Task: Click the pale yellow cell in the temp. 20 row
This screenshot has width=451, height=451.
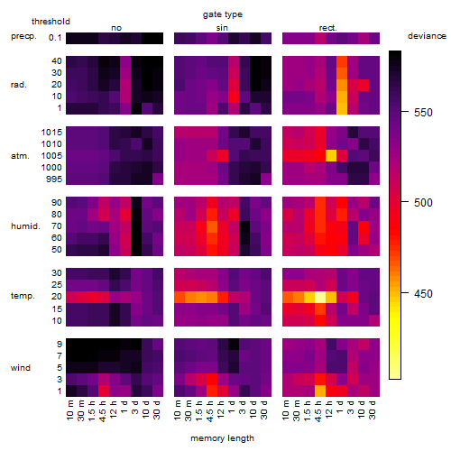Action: coord(320,297)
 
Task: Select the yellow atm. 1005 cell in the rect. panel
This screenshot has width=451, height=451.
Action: coord(331,155)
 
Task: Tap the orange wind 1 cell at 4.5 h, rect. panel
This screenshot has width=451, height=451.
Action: coord(320,391)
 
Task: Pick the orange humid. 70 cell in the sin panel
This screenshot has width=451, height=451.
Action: coord(212,226)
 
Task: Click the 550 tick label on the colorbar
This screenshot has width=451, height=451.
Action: coord(423,113)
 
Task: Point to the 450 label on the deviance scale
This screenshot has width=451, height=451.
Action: coord(423,294)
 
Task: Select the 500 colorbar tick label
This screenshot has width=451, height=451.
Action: coord(423,203)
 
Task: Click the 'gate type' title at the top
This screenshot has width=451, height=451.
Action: coord(223,14)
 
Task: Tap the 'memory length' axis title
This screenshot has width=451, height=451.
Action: coord(222,438)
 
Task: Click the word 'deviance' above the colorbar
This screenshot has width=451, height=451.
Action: coord(427,36)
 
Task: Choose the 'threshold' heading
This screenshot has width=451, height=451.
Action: coord(51,22)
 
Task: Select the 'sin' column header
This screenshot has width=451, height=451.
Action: coord(222,28)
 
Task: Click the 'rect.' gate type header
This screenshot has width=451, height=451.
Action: coord(327,28)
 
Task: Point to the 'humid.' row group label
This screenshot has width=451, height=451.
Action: coord(25,226)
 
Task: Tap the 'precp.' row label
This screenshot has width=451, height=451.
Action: coord(23,37)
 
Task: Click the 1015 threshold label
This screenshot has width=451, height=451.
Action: coord(51,133)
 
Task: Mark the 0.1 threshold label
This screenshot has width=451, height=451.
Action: coord(55,38)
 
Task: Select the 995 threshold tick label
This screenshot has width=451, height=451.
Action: coord(54,179)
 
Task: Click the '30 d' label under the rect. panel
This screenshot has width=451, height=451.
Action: coord(372,410)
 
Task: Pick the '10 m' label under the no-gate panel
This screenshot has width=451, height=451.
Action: coord(69,410)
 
